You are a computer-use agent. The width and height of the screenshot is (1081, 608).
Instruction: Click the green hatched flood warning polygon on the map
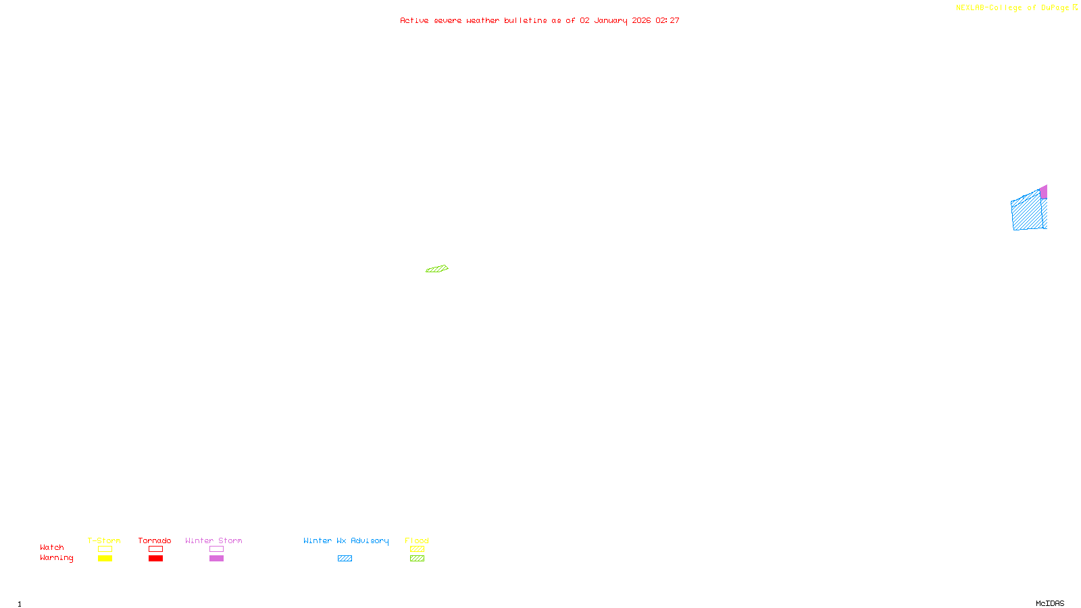pos(437,269)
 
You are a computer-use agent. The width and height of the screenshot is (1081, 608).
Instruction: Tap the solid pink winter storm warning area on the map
pos(1044,193)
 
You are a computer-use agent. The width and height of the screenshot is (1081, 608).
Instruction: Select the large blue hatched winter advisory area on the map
pos(1027,213)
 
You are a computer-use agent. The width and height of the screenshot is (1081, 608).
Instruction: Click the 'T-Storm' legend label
pos(104,540)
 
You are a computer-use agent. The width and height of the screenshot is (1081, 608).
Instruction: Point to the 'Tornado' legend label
pos(155,540)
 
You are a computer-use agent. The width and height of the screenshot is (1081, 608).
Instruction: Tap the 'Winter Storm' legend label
pos(213,540)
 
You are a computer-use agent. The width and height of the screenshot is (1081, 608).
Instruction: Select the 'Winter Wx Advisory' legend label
pos(346,540)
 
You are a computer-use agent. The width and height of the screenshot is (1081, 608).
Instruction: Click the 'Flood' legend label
pos(417,540)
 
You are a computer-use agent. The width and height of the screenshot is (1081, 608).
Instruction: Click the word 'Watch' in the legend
pos(52,547)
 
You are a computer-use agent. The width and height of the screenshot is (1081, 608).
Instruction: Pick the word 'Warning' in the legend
pos(56,558)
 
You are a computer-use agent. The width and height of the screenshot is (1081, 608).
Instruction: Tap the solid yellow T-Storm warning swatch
pos(105,559)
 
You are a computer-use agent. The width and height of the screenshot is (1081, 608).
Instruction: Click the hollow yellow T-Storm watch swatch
pos(105,549)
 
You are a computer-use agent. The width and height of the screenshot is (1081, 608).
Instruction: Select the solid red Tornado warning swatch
pos(155,559)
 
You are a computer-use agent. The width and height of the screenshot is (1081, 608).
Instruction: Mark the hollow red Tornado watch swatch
pos(155,549)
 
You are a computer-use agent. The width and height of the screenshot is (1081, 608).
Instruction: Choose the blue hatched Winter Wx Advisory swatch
pos(345,559)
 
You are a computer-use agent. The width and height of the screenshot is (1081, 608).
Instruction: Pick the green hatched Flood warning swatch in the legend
pos(417,559)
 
